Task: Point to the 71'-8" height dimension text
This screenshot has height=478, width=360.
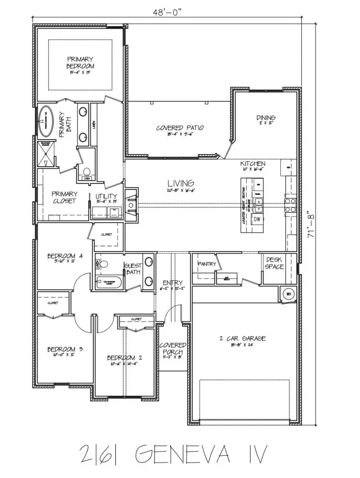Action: pyautogui.click(x=311, y=224)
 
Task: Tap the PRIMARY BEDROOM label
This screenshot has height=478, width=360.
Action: pyautogui.click(x=80, y=63)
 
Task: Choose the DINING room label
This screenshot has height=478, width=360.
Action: pyautogui.click(x=266, y=118)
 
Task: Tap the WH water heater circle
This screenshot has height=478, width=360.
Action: pyautogui.click(x=288, y=294)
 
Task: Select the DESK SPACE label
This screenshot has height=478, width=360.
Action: pyautogui.click(x=274, y=263)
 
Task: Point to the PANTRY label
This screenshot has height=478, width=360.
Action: pyautogui.click(x=207, y=264)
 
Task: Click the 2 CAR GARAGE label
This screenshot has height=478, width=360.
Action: pyautogui.click(x=242, y=338)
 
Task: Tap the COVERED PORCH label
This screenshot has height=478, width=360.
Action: pyautogui.click(x=173, y=348)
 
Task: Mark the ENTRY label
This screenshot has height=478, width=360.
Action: pyautogui.click(x=173, y=282)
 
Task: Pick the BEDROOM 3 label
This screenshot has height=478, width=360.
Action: pyautogui.click(x=65, y=349)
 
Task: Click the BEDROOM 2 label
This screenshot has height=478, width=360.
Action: pyautogui.click(x=124, y=357)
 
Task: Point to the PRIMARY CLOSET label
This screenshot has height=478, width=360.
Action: pyautogui.click(x=64, y=197)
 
